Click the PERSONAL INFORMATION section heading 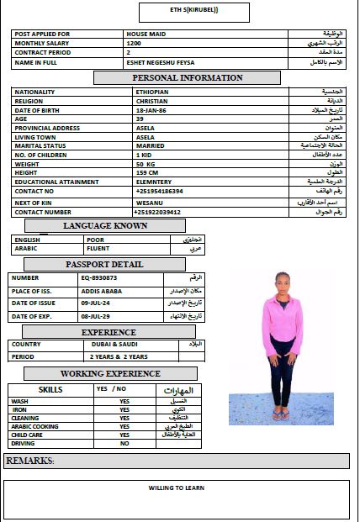click(x=179, y=78)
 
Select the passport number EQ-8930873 click(x=99, y=277)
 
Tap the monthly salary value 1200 click(x=134, y=43)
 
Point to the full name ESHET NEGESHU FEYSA click(x=160, y=62)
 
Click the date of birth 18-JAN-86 click(x=151, y=110)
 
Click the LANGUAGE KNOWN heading click(x=105, y=225)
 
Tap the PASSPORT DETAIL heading click(x=105, y=264)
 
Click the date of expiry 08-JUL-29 click(x=97, y=316)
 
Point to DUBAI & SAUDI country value click(x=113, y=345)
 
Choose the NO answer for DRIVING click(x=124, y=443)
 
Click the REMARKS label click(x=30, y=461)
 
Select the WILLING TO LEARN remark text click(x=177, y=488)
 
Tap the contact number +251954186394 click(x=159, y=191)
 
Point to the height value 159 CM click(x=147, y=172)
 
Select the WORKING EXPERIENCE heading click(x=110, y=373)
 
